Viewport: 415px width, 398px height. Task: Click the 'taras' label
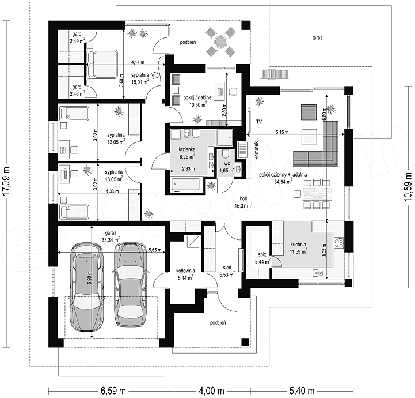pyautogui.click(x=317, y=38)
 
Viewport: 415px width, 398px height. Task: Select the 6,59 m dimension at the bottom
pyautogui.click(x=113, y=391)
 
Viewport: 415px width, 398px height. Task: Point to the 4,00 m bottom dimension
pyautogui.click(x=211, y=391)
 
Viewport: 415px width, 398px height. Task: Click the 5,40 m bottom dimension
pyautogui.click(x=302, y=391)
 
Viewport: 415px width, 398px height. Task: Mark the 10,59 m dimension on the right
pyautogui.click(x=409, y=187)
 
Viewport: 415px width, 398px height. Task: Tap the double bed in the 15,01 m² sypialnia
pyautogui.click(x=101, y=64)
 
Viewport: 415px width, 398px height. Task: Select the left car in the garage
pyautogui.click(x=86, y=287)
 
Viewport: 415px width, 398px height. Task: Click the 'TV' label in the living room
pyautogui.click(x=259, y=122)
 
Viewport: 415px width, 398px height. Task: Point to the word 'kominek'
pyautogui.click(x=256, y=150)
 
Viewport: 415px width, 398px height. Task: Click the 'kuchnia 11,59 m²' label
pyautogui.click(x=298, y=248)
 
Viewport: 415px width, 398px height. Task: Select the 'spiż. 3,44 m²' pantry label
pyautogui.click(x=262, y=258)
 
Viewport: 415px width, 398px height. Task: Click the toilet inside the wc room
pyautogui.click(x=226, y=153)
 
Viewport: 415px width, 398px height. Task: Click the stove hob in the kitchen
pyautogui.click(x=338, y=243)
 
